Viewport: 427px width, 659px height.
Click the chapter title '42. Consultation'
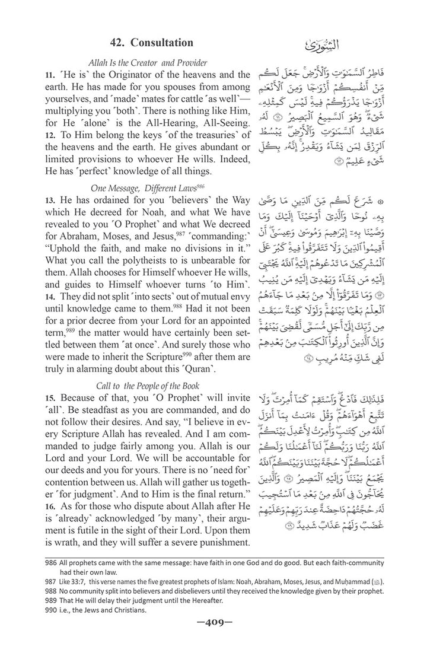click(152, 43)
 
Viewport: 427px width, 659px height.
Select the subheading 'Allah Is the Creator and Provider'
click(148, 62)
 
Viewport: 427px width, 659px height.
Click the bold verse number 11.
click(49, 75)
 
